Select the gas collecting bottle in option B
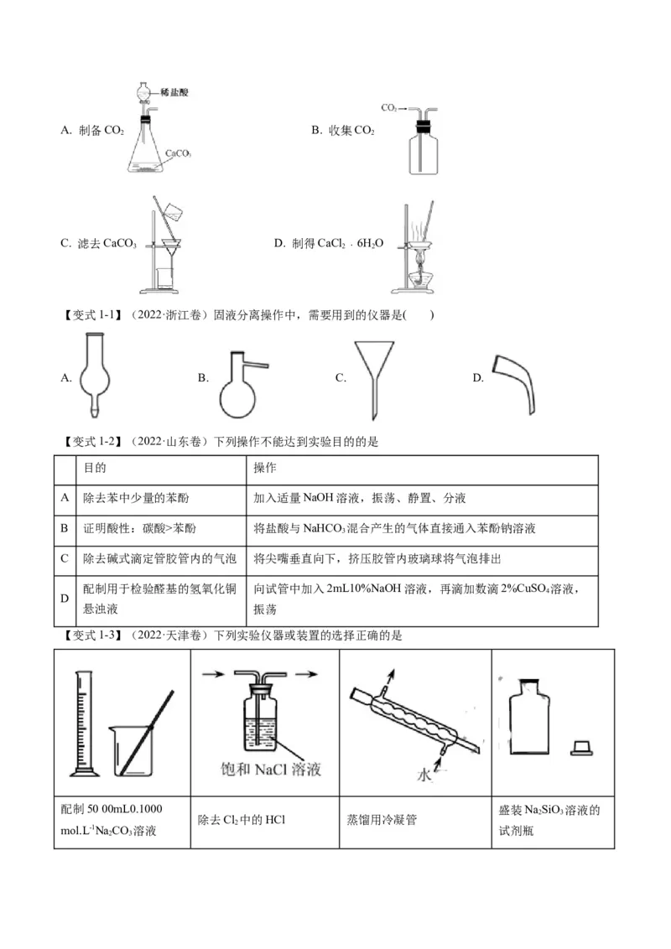[x=423, y=151]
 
